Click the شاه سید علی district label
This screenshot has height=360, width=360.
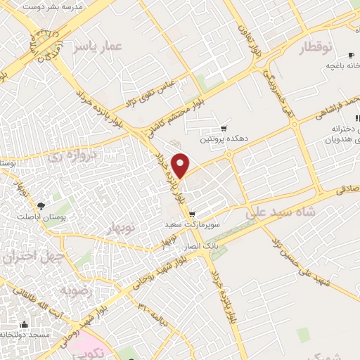[281, 210]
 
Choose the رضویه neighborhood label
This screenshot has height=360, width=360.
[73, 290]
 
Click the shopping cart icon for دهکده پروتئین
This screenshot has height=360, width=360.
[224, 128]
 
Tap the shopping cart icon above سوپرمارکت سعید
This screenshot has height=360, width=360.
[193, 214]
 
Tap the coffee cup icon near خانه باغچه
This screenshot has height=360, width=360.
[351, 55]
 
